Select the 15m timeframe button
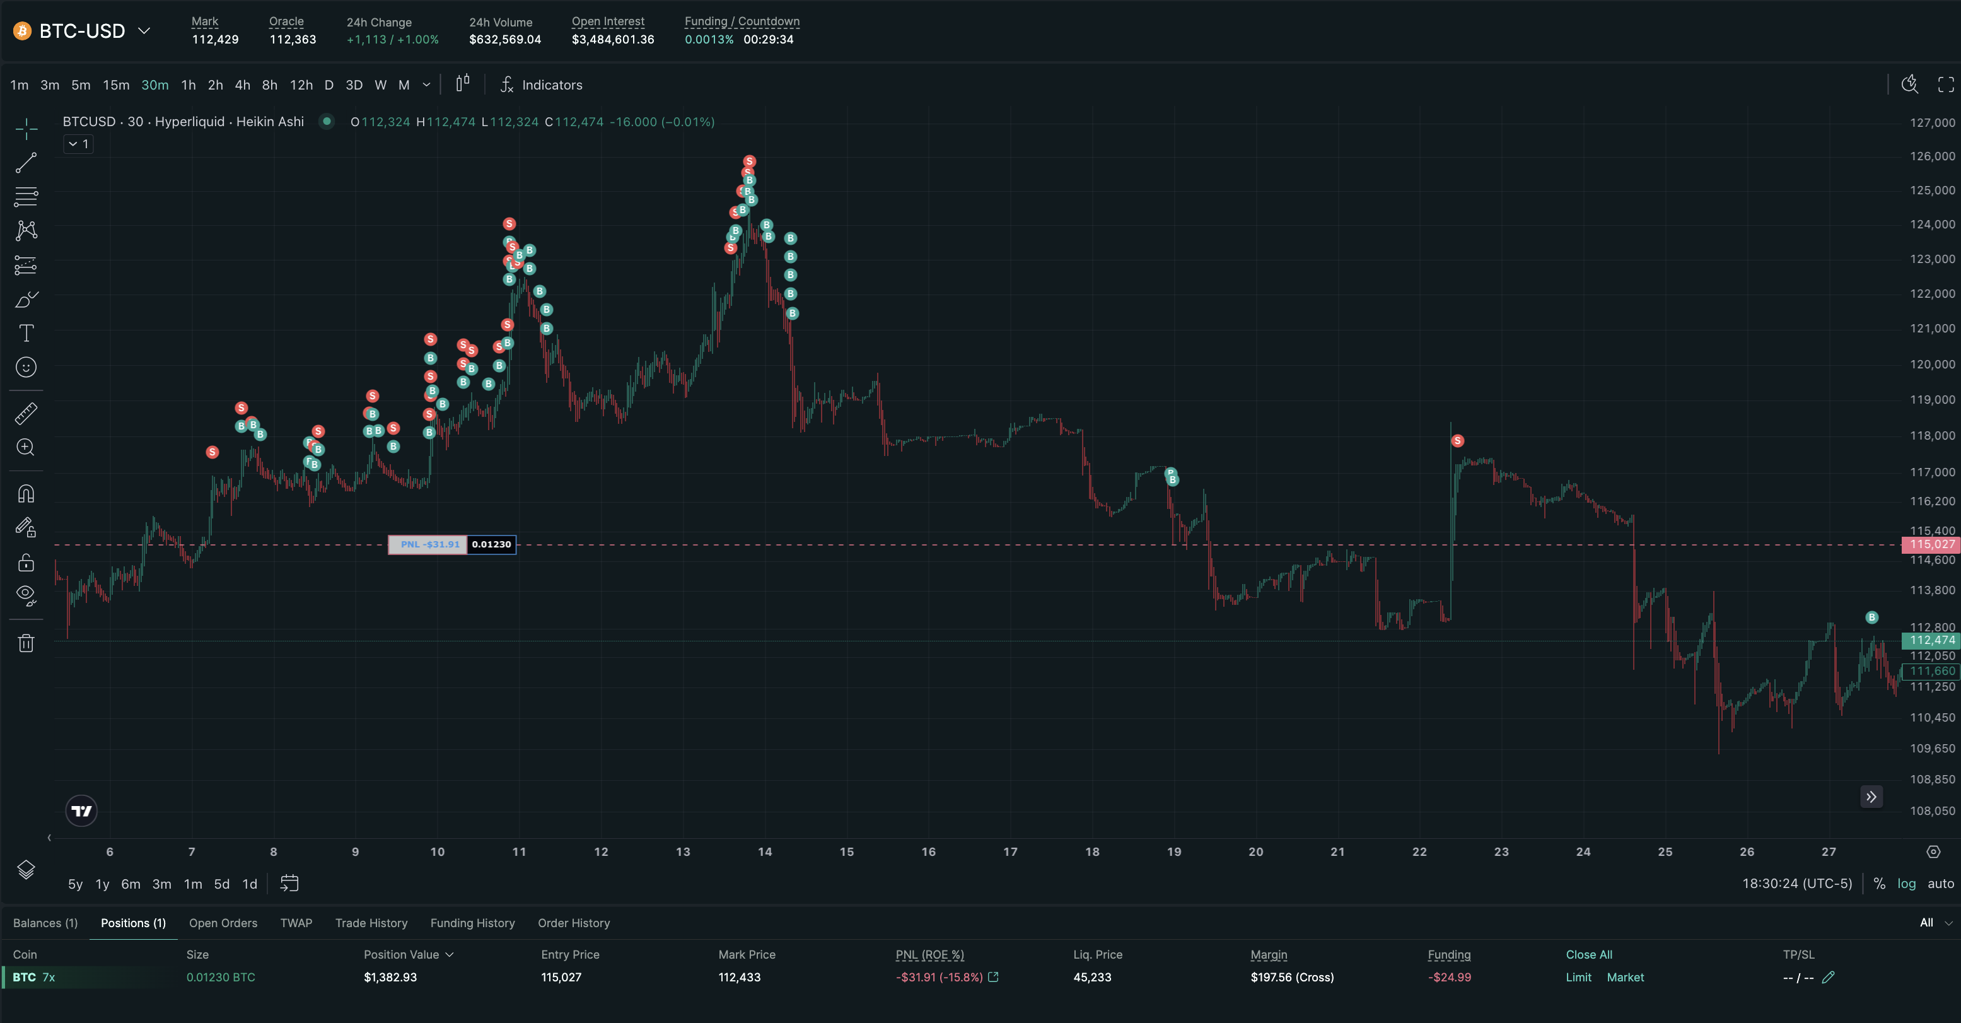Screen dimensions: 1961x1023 (116, 85)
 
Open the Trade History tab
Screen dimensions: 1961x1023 (371, 923)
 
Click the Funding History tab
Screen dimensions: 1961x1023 (473, 923)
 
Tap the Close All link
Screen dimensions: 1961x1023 (1589, 954)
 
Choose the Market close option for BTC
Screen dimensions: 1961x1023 (1626, 978)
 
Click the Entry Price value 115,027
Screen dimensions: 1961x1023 (561, 978)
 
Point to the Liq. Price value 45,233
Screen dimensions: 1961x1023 (1092, 978)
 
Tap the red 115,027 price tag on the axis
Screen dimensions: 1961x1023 (1931, 544)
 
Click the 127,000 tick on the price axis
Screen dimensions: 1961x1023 (1932, 122)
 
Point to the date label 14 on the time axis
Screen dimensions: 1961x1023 (765, 851)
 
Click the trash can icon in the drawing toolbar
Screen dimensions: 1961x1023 (26, 643)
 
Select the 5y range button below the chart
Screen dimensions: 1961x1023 (76, 884)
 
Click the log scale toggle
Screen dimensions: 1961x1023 (1906, 884)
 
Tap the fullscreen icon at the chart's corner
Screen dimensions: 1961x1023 (1946, 85)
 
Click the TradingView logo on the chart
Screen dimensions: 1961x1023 (81, 810)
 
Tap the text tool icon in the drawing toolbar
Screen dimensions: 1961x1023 (26, 333)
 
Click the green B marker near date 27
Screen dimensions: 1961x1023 (1872, 617)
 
